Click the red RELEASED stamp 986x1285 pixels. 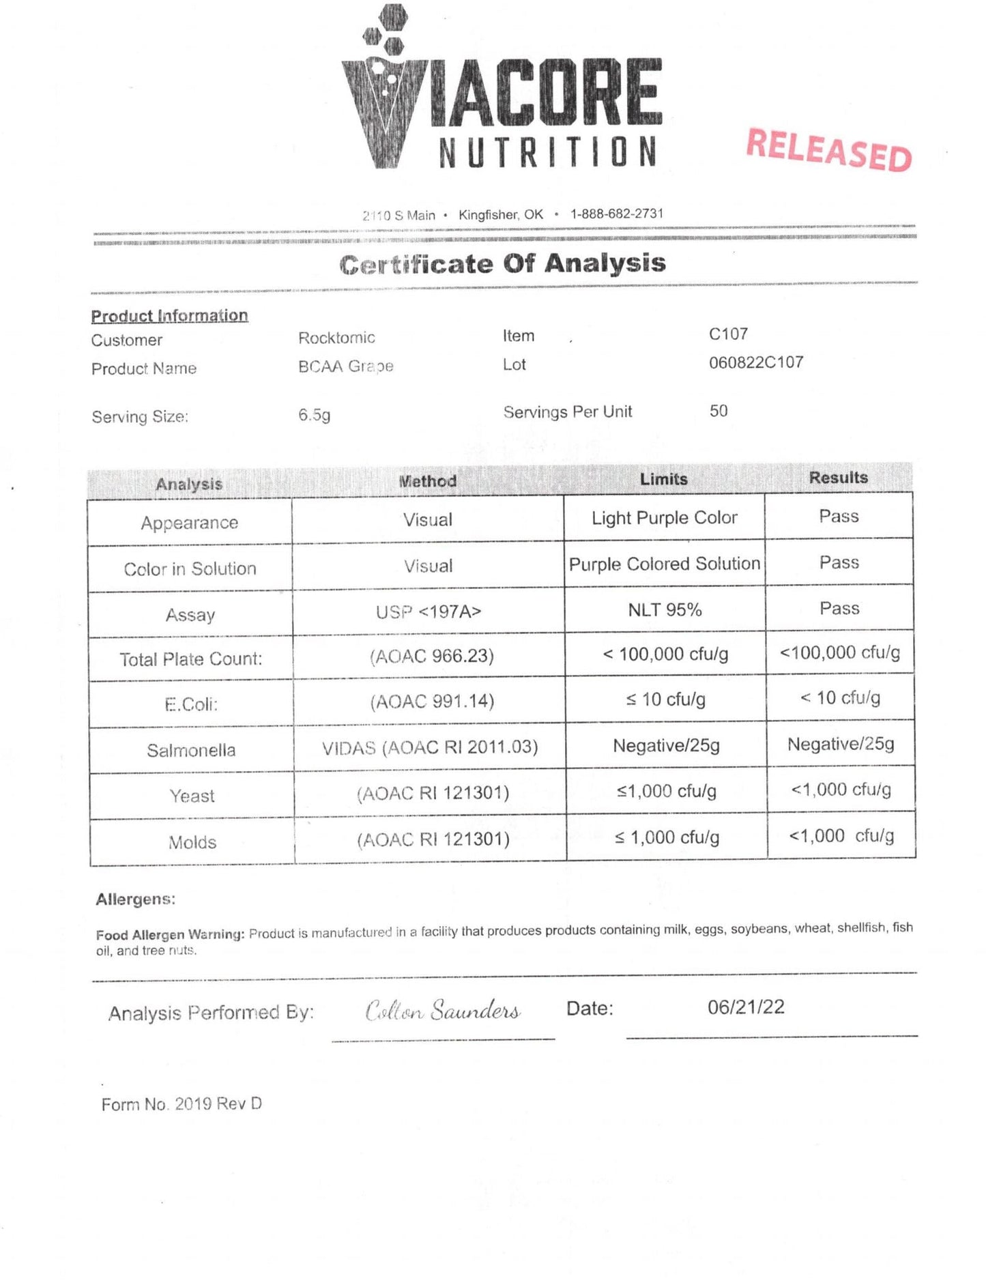tap(829, 149)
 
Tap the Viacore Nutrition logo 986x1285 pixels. tap(502, 89)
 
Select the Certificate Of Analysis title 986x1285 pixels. tap(502, 263)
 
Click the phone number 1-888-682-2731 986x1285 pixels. tap(617, 214)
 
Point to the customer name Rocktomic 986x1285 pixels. tap(336, 338)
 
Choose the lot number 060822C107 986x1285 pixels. tap(756, 362)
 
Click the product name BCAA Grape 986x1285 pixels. tap(346, 366)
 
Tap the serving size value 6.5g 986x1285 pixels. tap(314, 415)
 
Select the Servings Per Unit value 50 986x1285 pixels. tap(719, 411)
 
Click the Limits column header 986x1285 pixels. tap(663, 479)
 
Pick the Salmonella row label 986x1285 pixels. tap(191, 751)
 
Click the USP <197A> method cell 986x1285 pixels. tap(429, 612)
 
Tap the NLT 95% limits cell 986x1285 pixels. tap(665, 610)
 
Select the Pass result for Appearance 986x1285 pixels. tap(839, 517)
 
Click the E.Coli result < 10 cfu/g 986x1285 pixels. tap(840, 698)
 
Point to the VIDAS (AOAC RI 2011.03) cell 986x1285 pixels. tap(430, 748)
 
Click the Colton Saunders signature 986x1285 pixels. tap(443, 1011)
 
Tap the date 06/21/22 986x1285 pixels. tap(746, 1007)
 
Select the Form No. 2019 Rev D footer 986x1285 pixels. tap(182, 1104)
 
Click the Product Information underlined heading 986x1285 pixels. tap(169, 316)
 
